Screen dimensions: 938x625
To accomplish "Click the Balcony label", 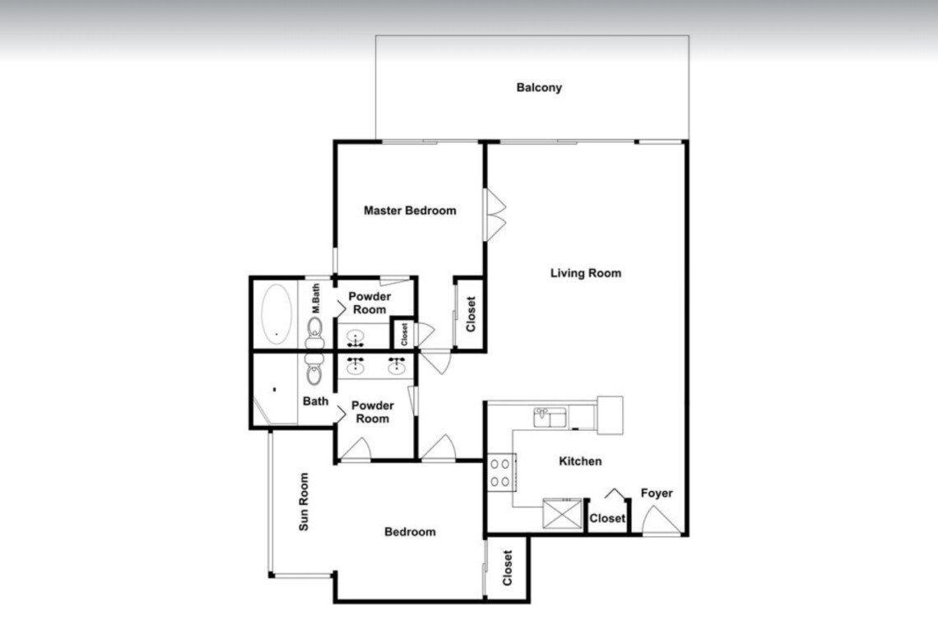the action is (539, 87).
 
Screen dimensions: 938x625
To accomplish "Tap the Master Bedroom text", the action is (410, 211).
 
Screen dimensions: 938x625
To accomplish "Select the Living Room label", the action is (586, 273).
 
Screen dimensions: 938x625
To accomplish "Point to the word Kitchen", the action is (580, 461).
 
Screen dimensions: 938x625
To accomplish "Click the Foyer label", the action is (657, 493).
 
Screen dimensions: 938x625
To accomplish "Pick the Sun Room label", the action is (304, 502).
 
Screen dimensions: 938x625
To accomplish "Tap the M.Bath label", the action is (316, 299).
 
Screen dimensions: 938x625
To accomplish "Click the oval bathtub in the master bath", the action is (277, 314).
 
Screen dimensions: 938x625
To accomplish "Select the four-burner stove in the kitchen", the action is (501, 473).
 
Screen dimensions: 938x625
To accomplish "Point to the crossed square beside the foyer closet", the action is (562, 514).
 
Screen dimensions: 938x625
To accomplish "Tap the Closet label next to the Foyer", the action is (607, 519).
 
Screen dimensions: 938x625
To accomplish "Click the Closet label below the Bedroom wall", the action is (508, 568).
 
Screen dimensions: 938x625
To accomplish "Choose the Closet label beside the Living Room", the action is (471, 314).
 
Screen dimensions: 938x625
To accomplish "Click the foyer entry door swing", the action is (661, 521).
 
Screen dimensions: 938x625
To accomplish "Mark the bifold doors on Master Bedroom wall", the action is (495, 215).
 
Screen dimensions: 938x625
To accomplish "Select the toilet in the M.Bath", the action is (314, 333).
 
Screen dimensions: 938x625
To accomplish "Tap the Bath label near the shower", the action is (315, 401).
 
